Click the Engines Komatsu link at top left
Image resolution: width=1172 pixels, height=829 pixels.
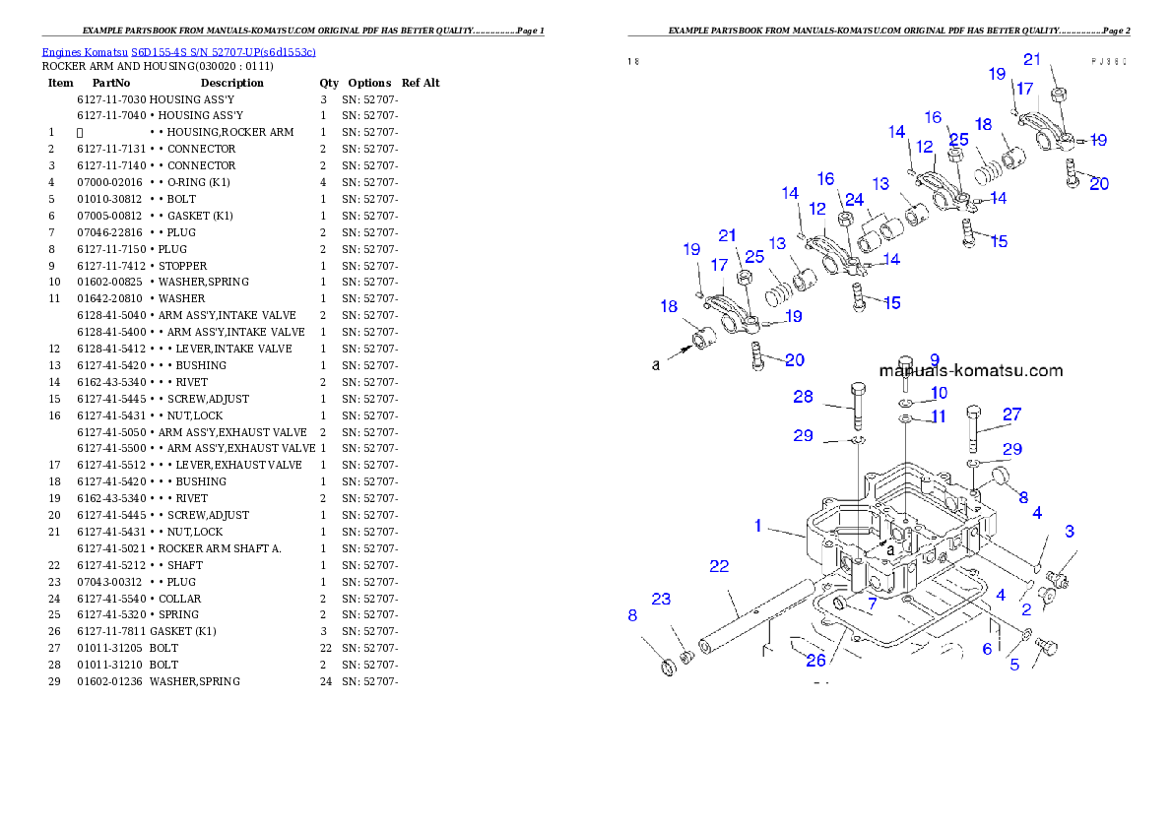pyautogui.click(x=178, y=51)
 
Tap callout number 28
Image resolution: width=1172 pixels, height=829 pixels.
pyautogui.click(x=804, y=397)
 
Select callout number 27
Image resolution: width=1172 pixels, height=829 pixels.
pyautogui.click(x=1012, y=414)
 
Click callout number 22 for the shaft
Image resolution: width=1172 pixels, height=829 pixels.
pyautogui.click(x=719, y=565)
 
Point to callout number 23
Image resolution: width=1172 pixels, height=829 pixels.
pyautogui.click(x=661, y=599)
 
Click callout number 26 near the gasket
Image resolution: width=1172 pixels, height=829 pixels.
pyautogui.click(x=815, y=660)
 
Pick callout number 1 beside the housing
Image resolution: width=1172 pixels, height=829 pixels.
pyautogui.click(x=758, y=526)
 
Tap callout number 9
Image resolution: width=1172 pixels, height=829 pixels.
pyautogui.click(x=934, y=359)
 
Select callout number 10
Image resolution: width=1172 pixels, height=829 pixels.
pyautogui.click(x=939, y=393)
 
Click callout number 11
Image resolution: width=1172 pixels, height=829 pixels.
pyautogui.click(x=939, y=416)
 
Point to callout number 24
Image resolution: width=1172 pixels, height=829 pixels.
pyautogui.click(x=854, y=200)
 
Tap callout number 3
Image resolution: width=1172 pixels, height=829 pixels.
pyautogui.click(x=1069, y=532)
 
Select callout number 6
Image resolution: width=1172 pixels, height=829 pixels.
pyautogui.click(x=988, y=649)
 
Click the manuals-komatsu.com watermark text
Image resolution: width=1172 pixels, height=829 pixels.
pyautogui.click(x=970, y=371)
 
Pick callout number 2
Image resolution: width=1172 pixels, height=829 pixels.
pyautogui.click(x=1025, y=609)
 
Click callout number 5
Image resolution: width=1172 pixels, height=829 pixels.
pyautogui.click(x=1014, y=665)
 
